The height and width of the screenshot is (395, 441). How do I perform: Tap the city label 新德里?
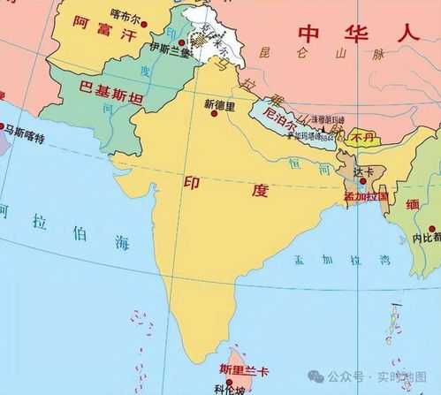click(x=220, y=104)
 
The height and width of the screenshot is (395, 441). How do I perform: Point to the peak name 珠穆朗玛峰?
click(x=326, y=119)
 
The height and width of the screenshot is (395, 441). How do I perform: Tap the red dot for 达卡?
click(x=362, y=180)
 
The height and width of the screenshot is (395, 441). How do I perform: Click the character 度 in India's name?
click(x=259, y=190)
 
